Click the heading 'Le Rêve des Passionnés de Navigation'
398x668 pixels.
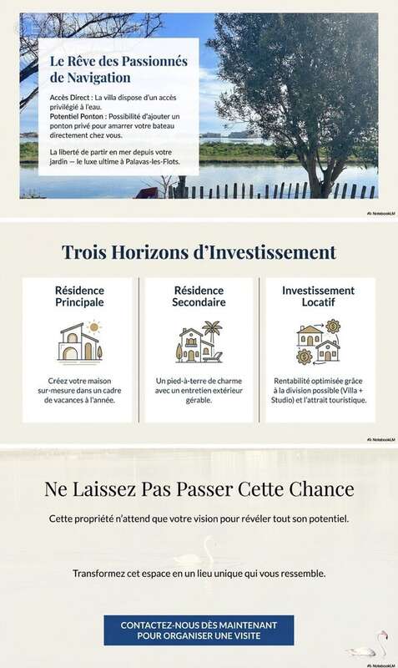[x=118, y=68]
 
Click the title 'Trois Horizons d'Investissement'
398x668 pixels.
[x=199, y=252]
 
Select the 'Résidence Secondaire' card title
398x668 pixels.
[x=199, y=296]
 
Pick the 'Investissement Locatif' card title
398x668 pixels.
[x=318, y=296]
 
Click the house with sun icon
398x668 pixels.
[x=78, y=341]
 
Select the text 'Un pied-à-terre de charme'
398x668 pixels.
[x=199, y=381]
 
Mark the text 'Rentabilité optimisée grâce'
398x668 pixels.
[x=318, y=381]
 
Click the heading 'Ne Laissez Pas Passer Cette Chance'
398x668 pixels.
[x=199, y=489]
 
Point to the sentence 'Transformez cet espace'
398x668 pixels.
[x=199, y=574]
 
